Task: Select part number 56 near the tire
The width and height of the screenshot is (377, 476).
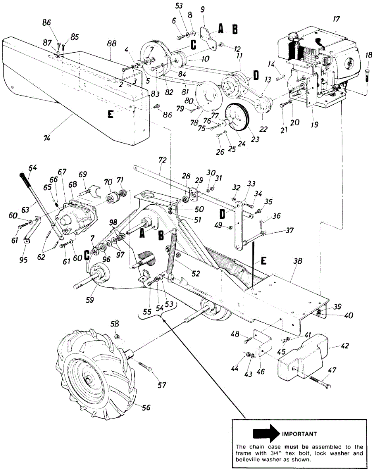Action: pos(146,407)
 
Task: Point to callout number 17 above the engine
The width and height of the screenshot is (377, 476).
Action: pos(336,19)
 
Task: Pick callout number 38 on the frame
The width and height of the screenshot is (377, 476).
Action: pos(298,261)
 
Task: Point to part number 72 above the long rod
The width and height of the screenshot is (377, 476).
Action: pos(162,160)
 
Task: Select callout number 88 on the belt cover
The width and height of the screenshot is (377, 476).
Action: pos(112,44)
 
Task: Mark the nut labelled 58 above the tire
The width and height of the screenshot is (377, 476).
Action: pos(116,336)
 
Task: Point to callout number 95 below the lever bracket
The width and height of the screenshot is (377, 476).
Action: pos(23,260)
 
